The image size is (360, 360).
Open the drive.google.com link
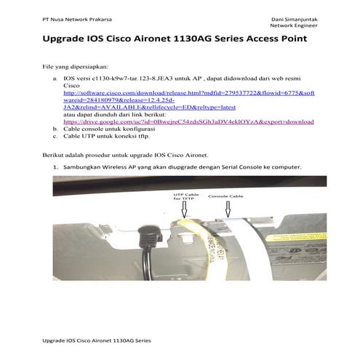[189, 121]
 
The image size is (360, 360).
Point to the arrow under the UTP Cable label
[184, 209]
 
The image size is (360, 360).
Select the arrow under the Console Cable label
[227, 209]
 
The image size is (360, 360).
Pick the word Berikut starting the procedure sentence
[55, 156]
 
